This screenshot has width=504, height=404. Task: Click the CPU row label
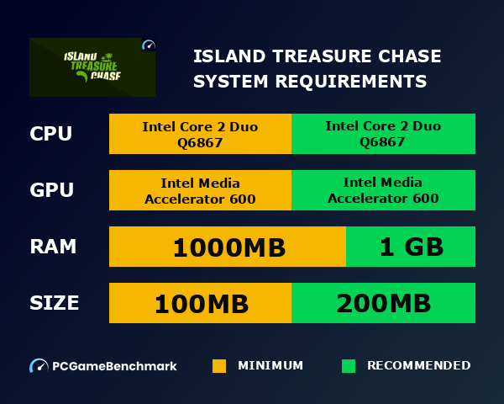(x=51, y=134)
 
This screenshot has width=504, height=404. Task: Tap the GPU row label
(x=52, y=190)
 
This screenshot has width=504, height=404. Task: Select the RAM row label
(x=53, y=247)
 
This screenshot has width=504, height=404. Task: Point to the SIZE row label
(x=55, y=303)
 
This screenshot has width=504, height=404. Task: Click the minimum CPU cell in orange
(x=200, y=134)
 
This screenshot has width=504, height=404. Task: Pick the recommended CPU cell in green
(x=383, y=134)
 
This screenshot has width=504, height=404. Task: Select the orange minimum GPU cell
(x=200, y=190)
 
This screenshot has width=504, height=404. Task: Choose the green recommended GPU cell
(x=383, y=190)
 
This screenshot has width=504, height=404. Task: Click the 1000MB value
(x=228, y=247)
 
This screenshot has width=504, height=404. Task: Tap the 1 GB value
(x=411, y=247)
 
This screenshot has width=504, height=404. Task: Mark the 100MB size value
(x=200, y=303)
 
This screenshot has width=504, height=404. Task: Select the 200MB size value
(x=383, y=303)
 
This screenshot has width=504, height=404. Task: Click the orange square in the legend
(x=219, y=366)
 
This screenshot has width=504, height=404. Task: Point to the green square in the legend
(x=349, y=366)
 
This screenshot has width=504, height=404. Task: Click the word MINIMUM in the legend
(x=270, y=366)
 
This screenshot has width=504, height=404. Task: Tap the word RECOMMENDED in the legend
(x=418, y=366)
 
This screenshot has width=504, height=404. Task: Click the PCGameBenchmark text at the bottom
(x=114, y=366)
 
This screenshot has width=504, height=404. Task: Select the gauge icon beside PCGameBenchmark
(x=39, y=366)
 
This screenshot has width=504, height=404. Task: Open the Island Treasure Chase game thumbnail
(x=92, y=66)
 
